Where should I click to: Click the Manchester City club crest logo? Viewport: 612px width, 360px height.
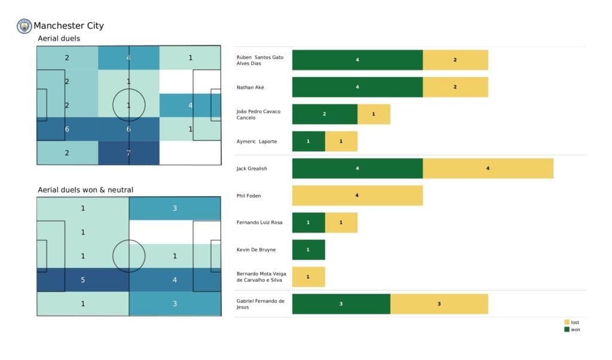coord(25,26)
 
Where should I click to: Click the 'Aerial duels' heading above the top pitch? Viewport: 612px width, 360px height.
coord(59,38)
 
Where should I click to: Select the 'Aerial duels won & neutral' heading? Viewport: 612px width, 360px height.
coord(85,190)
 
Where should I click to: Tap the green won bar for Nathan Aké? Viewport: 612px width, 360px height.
coord(357,87)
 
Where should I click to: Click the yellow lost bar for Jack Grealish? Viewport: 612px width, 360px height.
coord(488,169)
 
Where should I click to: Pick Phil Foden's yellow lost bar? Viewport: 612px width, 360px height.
coord(357,196)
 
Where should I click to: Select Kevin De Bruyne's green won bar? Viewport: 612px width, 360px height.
coord(308,249)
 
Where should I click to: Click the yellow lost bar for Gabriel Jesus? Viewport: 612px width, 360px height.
coord(439,304)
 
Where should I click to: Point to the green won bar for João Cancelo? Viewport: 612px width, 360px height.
coord(325,114)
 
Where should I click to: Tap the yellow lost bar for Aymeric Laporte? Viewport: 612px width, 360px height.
coord(341,141)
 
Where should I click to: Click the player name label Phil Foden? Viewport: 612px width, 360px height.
coord(249,196)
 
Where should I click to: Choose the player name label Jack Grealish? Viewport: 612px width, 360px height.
coord(252,169)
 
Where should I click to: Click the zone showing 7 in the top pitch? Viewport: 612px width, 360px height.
coord(129,152)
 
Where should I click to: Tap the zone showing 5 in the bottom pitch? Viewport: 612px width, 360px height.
coord(83,279)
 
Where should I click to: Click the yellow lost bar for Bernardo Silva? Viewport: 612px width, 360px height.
coord(308,277)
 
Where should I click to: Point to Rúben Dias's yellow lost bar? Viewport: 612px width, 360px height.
coord(455,60)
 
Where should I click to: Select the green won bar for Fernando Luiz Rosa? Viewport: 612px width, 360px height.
coord(308,222)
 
